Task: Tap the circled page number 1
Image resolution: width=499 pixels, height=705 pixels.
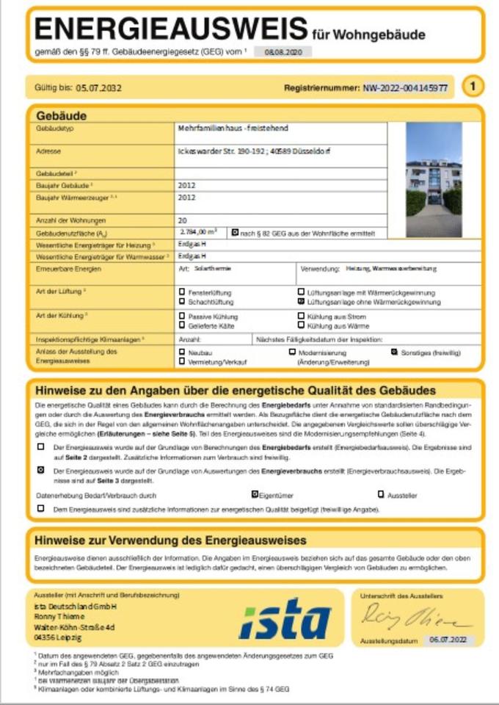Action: coord(473,87)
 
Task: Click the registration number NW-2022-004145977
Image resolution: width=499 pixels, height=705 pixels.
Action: coord(406,87)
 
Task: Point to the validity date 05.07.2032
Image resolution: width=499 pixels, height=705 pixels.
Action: coord(98,87)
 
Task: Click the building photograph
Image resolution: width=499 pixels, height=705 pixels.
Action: coord(434,179)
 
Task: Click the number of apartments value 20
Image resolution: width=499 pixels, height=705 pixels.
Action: coord(182,220)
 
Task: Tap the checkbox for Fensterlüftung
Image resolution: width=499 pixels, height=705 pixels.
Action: coord(182,292)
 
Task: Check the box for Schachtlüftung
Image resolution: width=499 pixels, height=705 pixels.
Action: coord(182,302)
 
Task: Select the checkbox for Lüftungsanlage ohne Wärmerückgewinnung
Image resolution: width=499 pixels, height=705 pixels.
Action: coord(301,302)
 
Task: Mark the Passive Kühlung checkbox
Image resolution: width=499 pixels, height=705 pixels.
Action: coord(182,316)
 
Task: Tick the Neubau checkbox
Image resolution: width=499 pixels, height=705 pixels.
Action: coord(182,352)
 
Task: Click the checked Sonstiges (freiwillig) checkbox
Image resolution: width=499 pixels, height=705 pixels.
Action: coord(394,352)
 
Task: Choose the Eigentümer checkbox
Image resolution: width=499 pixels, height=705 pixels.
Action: coord(255,494)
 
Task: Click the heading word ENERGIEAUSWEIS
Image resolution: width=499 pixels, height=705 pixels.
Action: coord(170,29)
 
